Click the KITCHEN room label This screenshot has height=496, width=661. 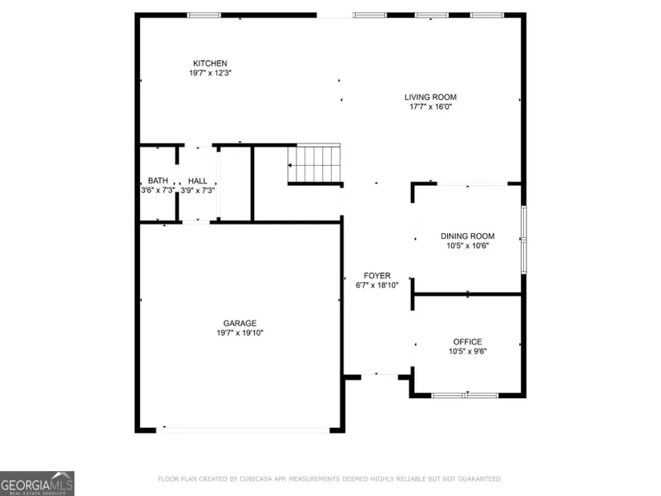(x=210, y=63)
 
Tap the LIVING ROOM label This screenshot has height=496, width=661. (x=430, y=97)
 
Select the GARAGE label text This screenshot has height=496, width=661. (x=240, y=323)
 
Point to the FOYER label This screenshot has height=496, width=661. (x=377, y=276)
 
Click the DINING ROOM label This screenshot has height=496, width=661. (x=467, y=236)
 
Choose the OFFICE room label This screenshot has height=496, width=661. (x=467, y=341)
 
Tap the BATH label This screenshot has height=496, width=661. (x=158, y=180)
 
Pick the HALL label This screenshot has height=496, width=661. (x=197, y=181)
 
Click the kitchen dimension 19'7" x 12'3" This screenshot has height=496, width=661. (x=210, y=73)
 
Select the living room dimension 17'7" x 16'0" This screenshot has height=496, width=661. (x=430, y=107)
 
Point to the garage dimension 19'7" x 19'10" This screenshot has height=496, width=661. (x=240, y=333)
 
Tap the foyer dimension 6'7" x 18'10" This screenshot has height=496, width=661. (x=377, y=285)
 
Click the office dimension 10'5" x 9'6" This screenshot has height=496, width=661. (x=467, y=351)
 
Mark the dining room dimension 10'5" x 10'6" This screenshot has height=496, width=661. (x=467, y=246)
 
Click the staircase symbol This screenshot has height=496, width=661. (x=314, y=163)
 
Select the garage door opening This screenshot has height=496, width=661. (x=243, y=429)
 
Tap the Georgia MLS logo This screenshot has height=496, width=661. (x=37, y=483)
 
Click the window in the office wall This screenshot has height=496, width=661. (x=465, y=395)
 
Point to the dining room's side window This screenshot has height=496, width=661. (x=523, y=240)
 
